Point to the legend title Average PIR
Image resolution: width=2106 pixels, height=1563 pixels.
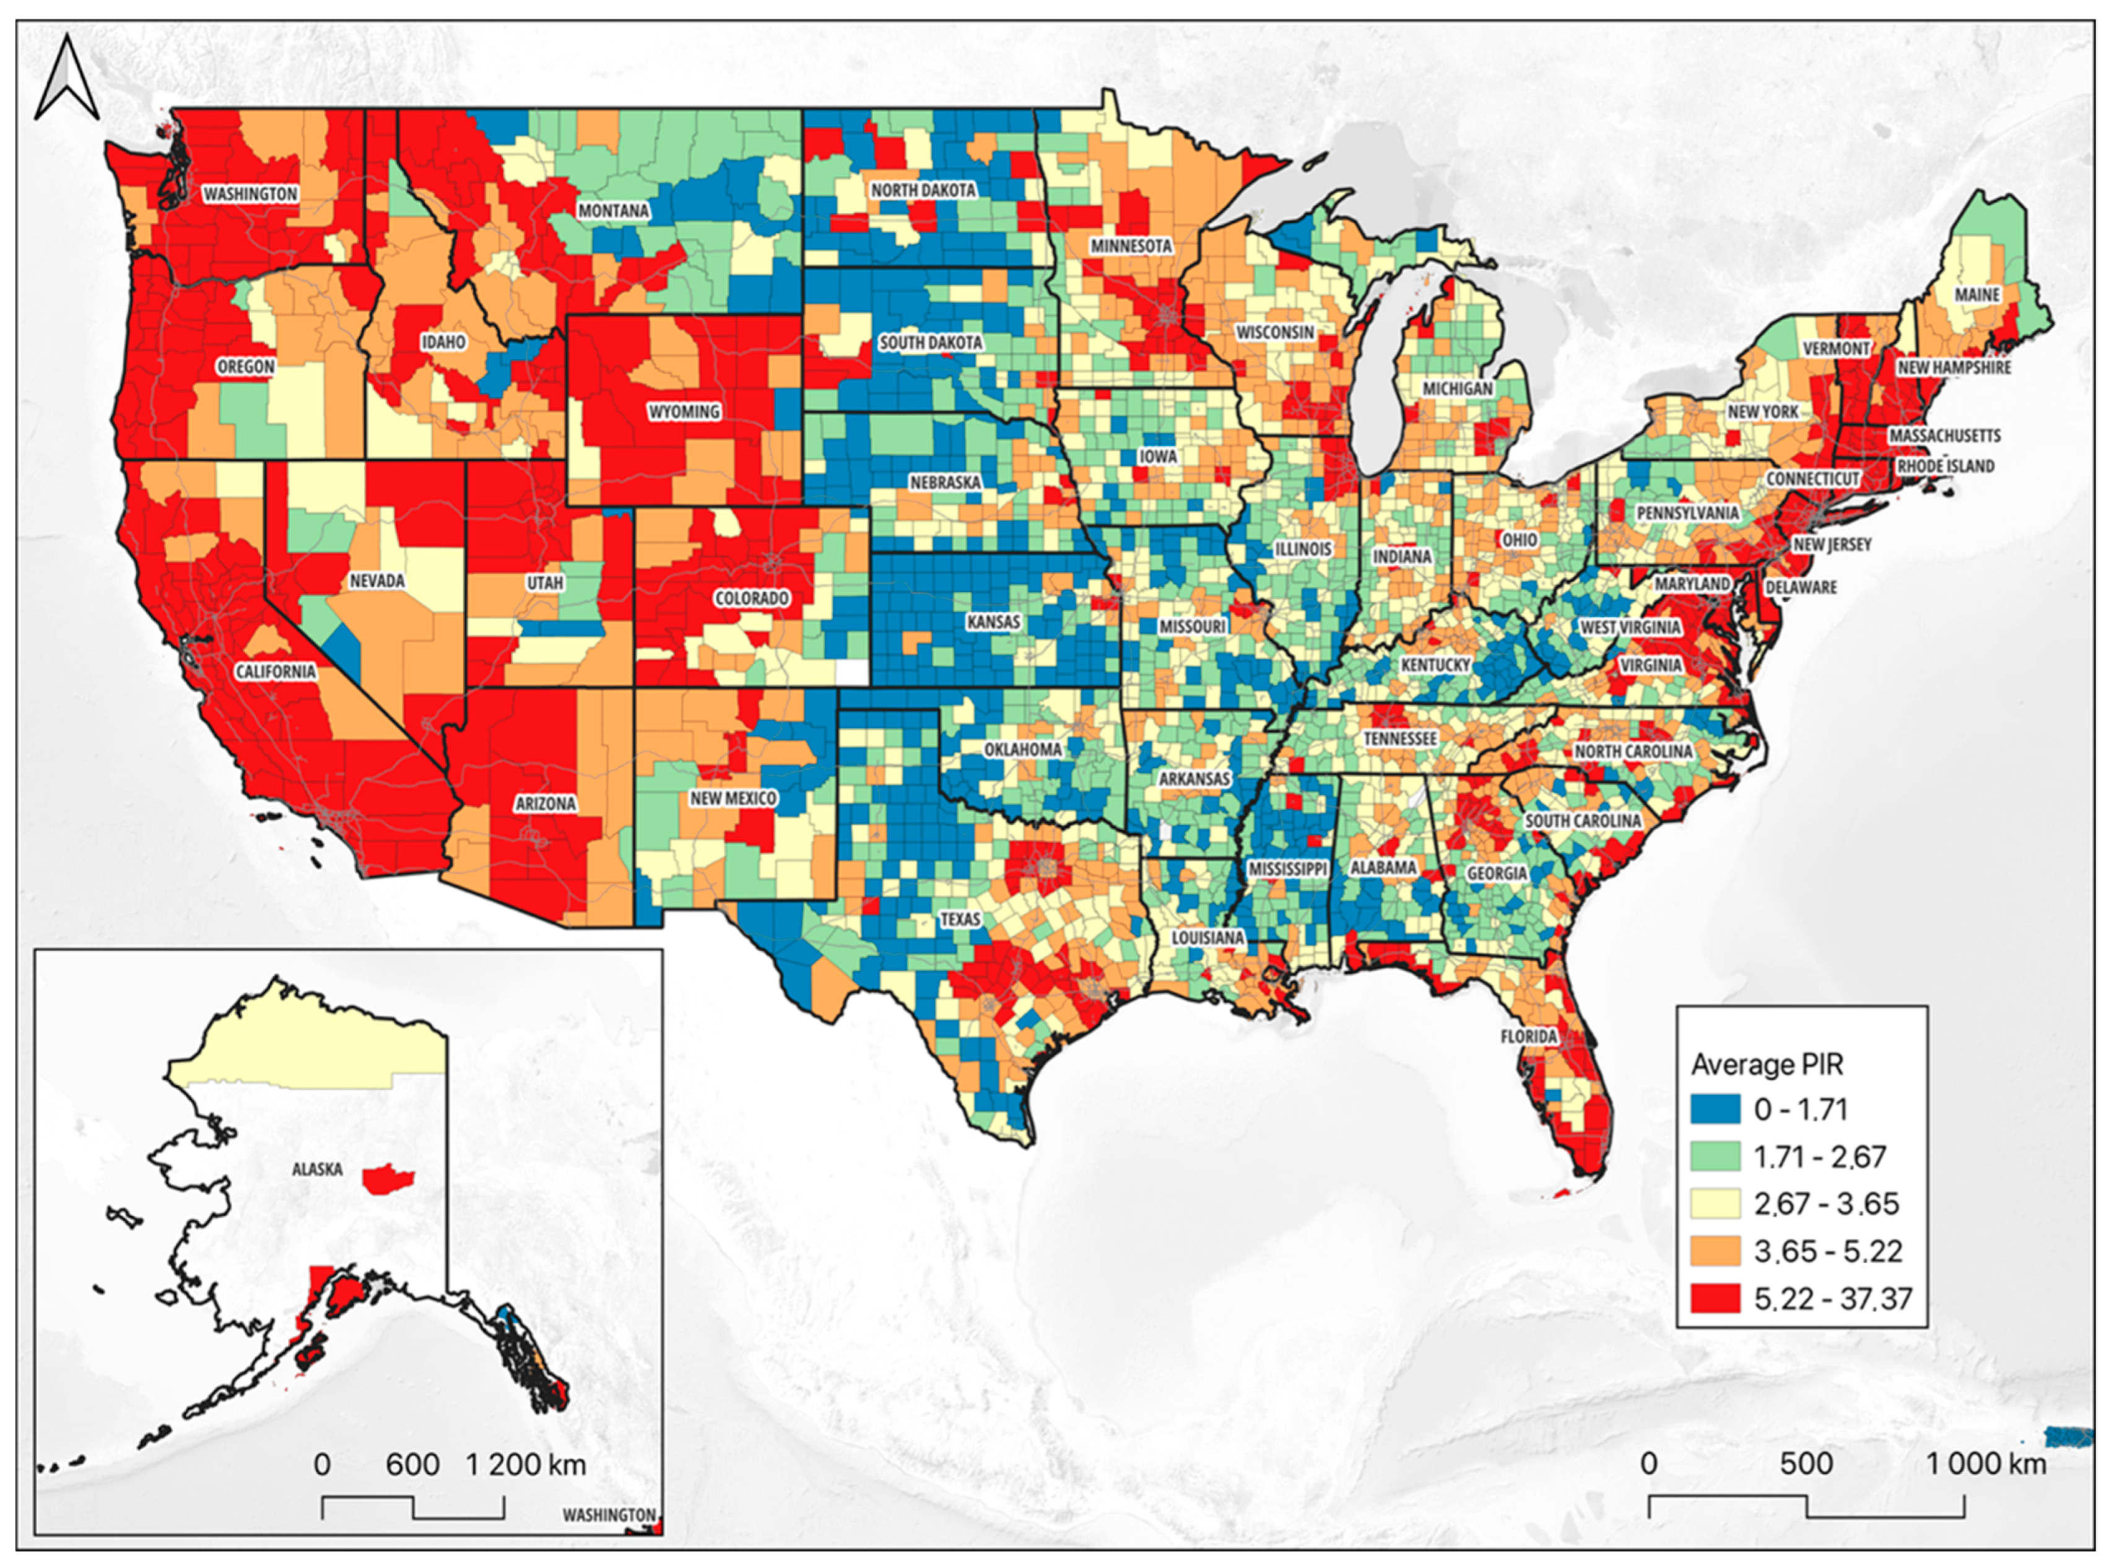(x=1767, y=1064)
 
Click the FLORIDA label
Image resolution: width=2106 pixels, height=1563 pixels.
(x=1528, y=1036)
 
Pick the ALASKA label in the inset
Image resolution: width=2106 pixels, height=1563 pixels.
(x=317, y=1169)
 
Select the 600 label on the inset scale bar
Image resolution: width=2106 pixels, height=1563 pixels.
(x=412, y=1465)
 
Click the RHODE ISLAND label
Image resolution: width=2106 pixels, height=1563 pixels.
(x=1945, y=466)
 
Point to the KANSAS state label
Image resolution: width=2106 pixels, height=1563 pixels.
(x=993, y=622)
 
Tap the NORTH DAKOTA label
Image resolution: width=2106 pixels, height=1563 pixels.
(x=923, y=190)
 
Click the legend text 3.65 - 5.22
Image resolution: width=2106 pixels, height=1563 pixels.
(x=1827, y=1251)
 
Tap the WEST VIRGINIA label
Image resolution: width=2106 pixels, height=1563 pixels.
(x=1630, y=627)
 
